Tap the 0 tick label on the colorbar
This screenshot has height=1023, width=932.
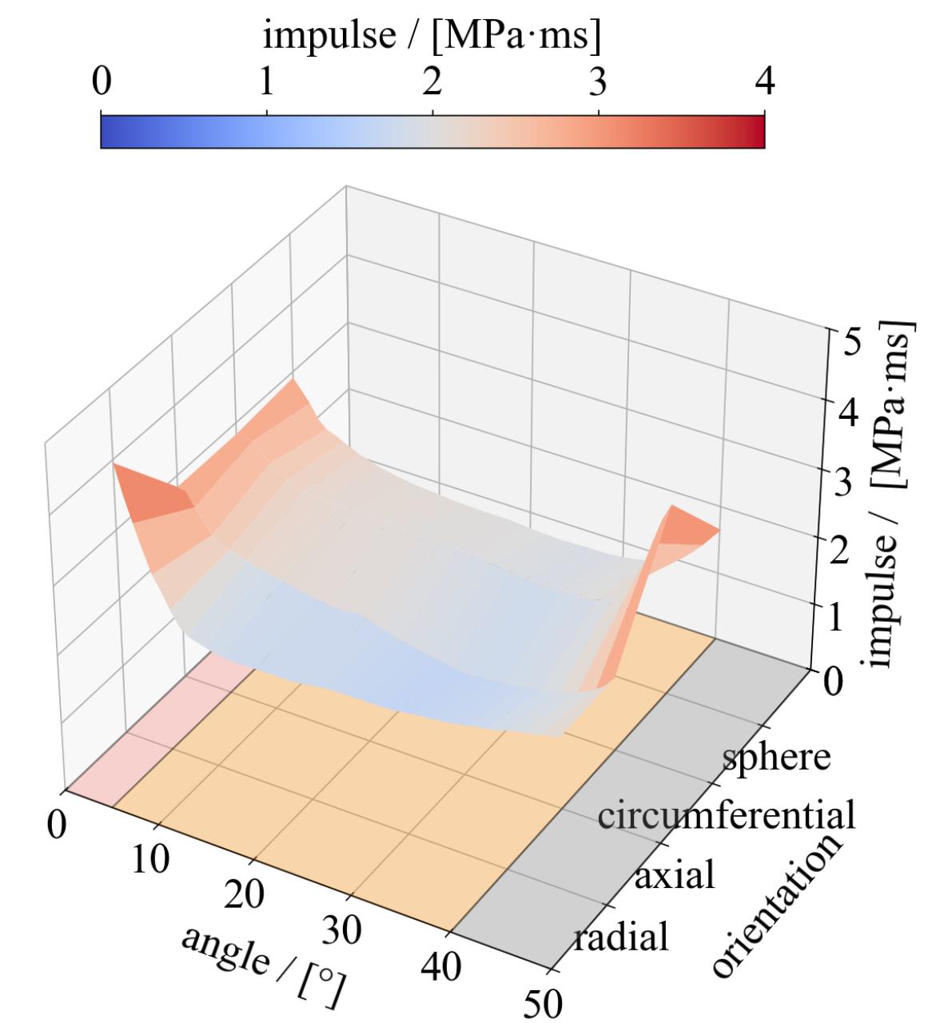101,82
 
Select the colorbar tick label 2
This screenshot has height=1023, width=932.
432,82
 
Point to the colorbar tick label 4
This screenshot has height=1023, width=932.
765,82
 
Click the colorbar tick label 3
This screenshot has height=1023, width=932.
599,82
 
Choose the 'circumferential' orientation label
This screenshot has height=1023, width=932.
727,815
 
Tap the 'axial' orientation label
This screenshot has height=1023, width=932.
673,876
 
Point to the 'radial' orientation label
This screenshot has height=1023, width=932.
621,936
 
